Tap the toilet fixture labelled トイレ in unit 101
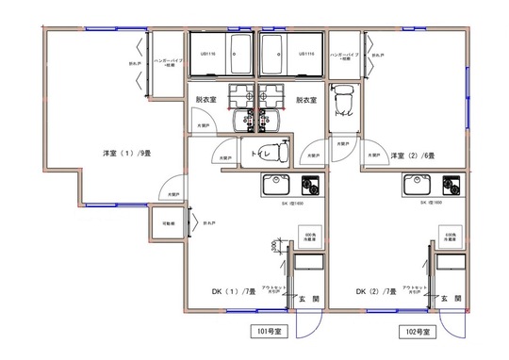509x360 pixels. (x=260, y=151)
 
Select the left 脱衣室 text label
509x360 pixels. (x=206, y=99)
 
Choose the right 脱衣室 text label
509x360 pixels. (x=305, y=99)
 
